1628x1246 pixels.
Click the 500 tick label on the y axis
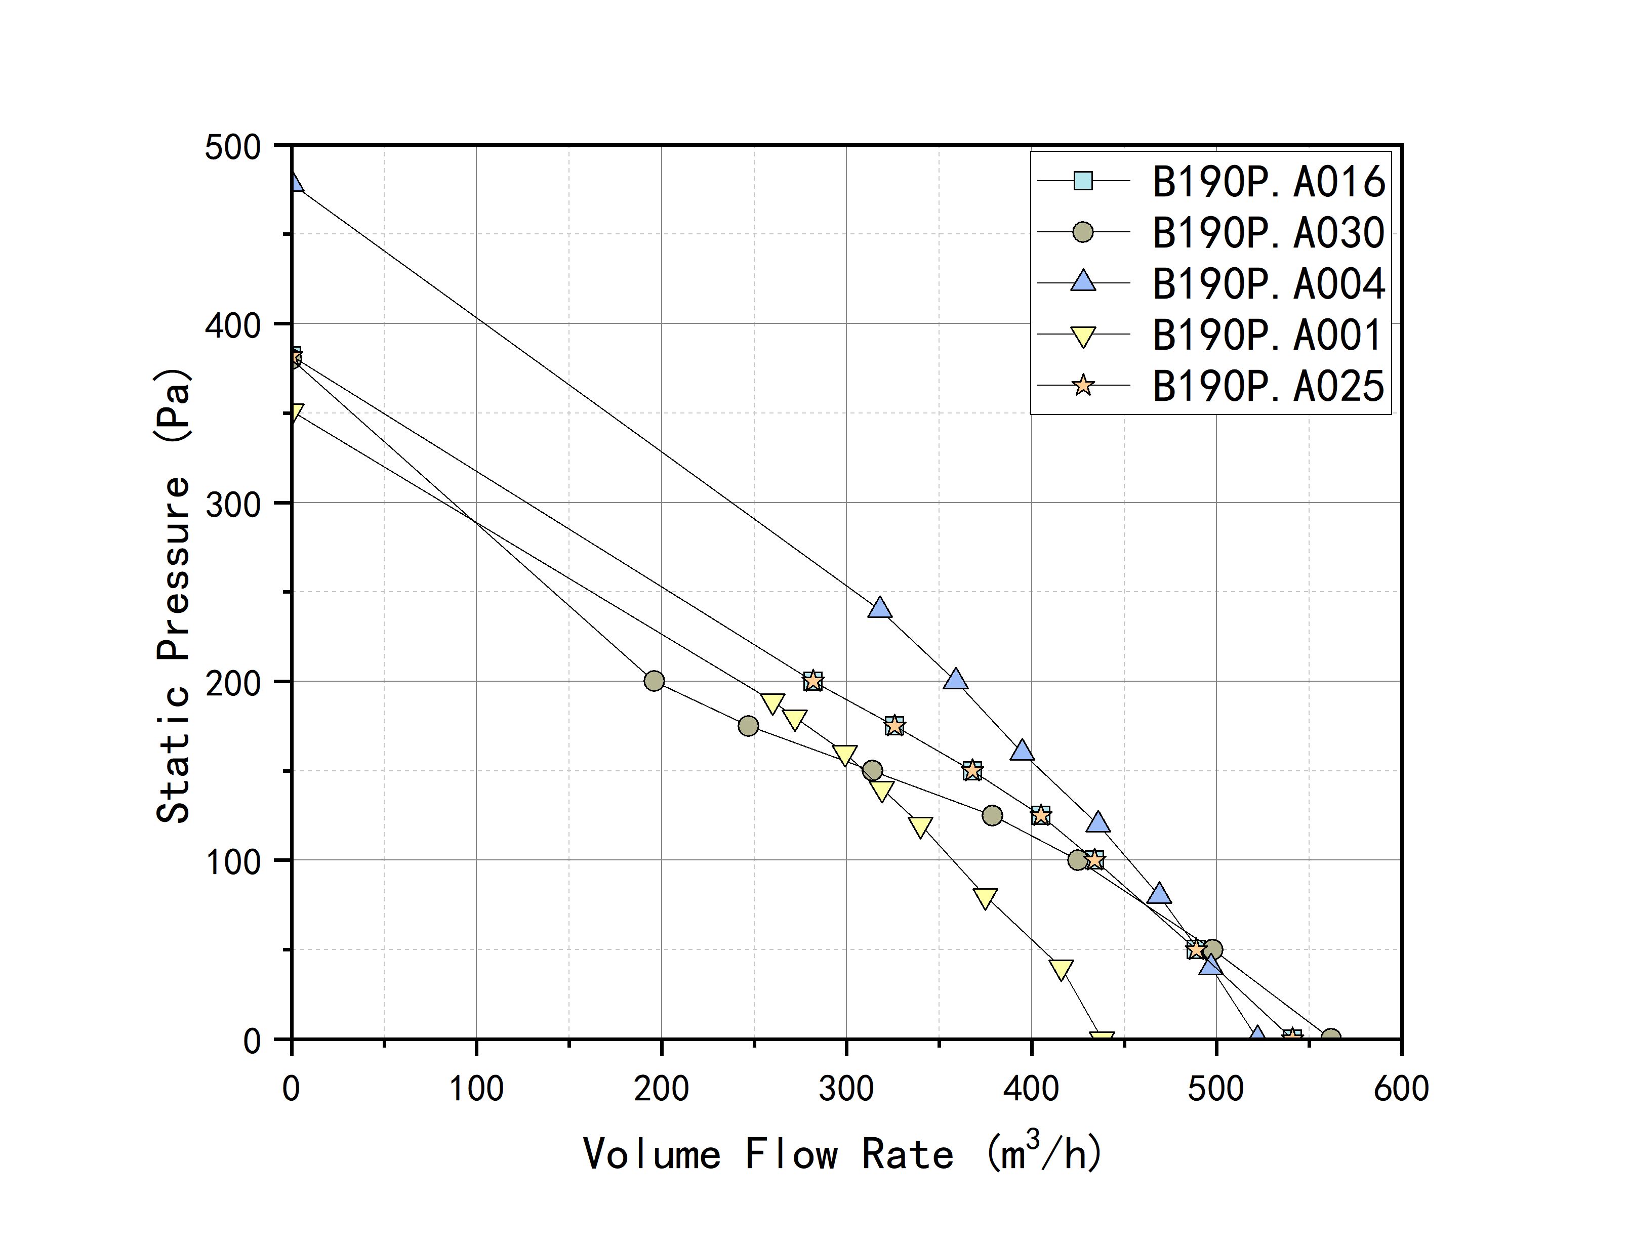click(233, 147)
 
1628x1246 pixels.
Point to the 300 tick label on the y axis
click(233, 505)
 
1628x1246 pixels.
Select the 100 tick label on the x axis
click(476, 1089)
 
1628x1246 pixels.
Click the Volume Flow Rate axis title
click(842, 1154)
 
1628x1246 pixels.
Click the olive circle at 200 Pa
click(654, 681)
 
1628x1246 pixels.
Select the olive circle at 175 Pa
click(748, 726)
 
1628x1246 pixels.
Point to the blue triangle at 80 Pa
click(1159, 894)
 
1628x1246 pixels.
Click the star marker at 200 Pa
click(813, 681)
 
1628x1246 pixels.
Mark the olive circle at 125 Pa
click(992, 816)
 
